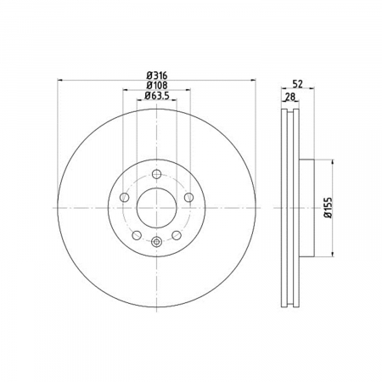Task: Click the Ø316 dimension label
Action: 157,76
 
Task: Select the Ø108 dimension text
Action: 157,85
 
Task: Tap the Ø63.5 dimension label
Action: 157,96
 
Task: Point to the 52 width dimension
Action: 297,84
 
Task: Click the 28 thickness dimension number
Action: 290,97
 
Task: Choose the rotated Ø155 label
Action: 329,208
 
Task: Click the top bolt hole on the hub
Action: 156,174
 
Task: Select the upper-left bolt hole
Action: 124,197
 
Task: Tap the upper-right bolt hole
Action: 188,197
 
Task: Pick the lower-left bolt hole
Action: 137,235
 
